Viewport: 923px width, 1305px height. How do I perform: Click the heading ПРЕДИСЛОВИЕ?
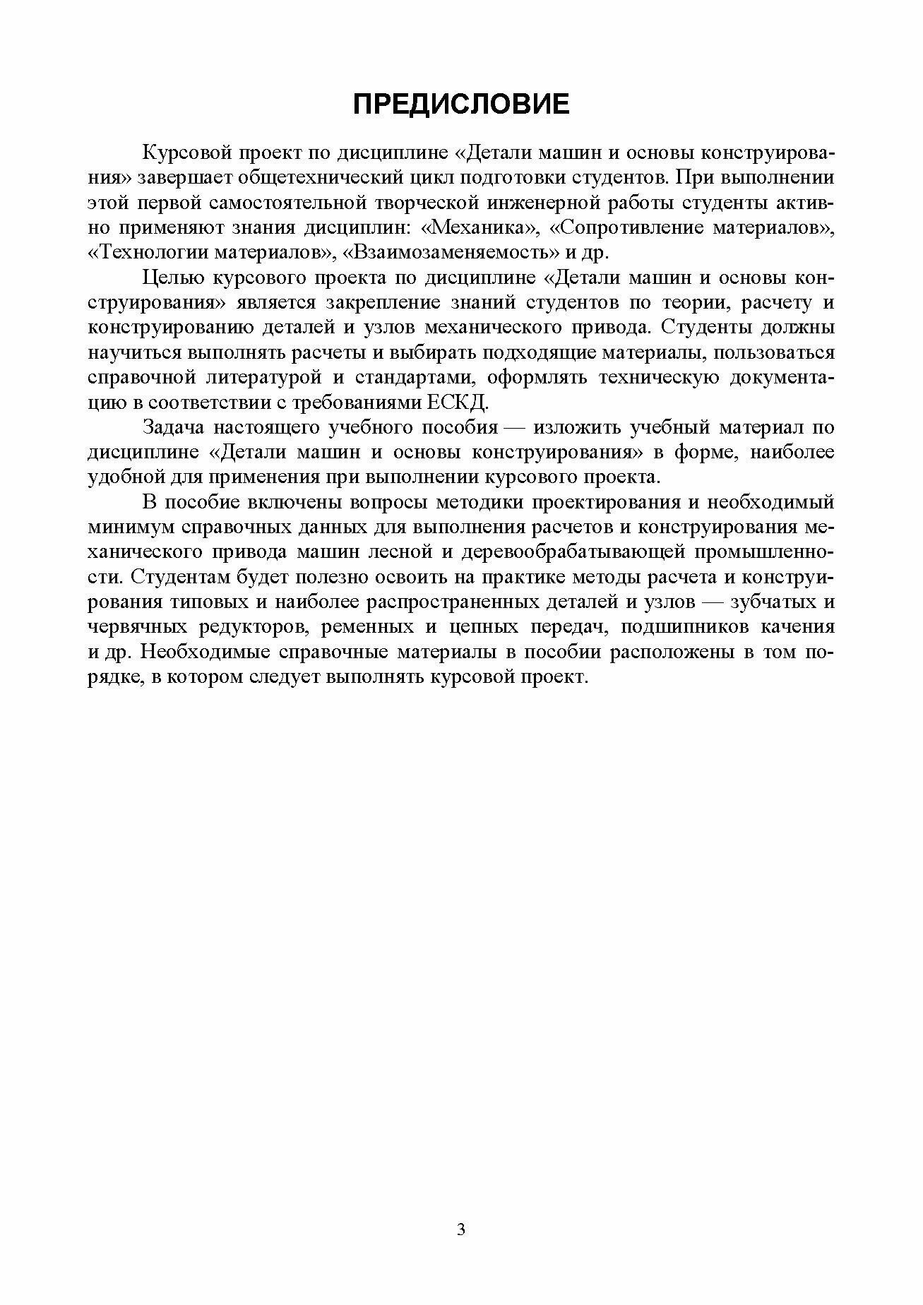[460, 105]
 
